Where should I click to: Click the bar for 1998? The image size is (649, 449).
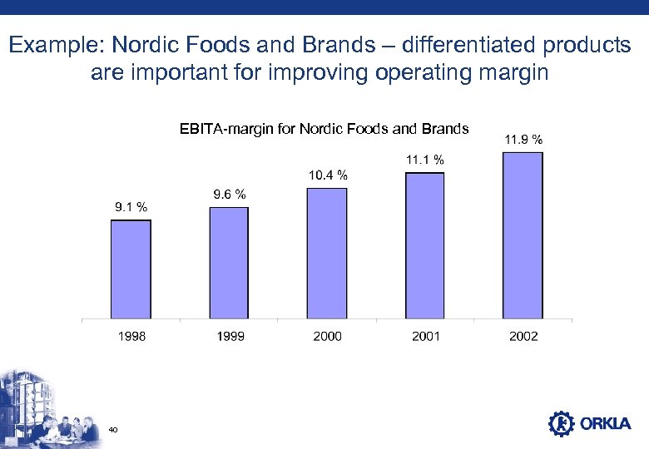pos(131,269)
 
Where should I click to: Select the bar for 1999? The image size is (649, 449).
pos(229,263)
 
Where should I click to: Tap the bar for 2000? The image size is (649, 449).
pos(327,253)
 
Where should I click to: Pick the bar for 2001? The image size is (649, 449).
pos(424,245)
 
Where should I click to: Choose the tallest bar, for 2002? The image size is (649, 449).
pos(523,235)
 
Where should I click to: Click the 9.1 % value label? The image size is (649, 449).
pos(131,207)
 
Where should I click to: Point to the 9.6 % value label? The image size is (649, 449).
pos(230,195)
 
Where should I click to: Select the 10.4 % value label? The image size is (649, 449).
pos(328,175)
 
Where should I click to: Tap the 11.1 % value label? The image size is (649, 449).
pos(424,159)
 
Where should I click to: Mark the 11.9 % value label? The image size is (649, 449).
pos(523,139)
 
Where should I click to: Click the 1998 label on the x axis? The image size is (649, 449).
pos(131,336)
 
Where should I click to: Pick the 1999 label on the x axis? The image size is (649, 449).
pos(229,336)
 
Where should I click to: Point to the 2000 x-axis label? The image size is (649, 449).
pos(327,336)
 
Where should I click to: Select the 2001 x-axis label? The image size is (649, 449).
pos(424,336)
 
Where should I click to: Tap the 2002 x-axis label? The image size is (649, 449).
pos(523,336)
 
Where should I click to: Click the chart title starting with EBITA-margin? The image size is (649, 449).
pos(324,129)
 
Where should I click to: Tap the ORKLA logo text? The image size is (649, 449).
pos(607,424)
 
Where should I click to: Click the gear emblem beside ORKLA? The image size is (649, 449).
pos(562,424)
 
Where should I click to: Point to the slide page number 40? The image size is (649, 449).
pos(113,430)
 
